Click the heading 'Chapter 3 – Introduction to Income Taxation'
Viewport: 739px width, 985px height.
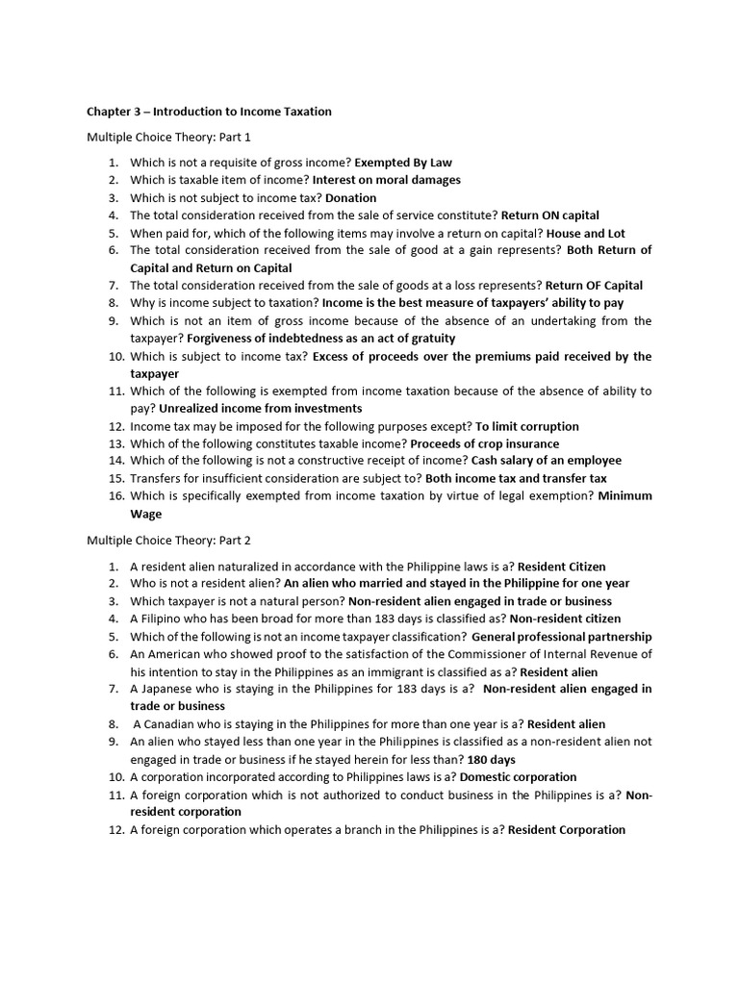[x=209, y=112]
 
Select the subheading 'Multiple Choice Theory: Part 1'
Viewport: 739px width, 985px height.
[x=168, y=138]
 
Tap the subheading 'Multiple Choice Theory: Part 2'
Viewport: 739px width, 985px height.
[x=168, y=541]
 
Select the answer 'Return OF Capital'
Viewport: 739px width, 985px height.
[x=594, y=286]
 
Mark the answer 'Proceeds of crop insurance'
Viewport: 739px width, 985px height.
[x=484, y=444]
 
